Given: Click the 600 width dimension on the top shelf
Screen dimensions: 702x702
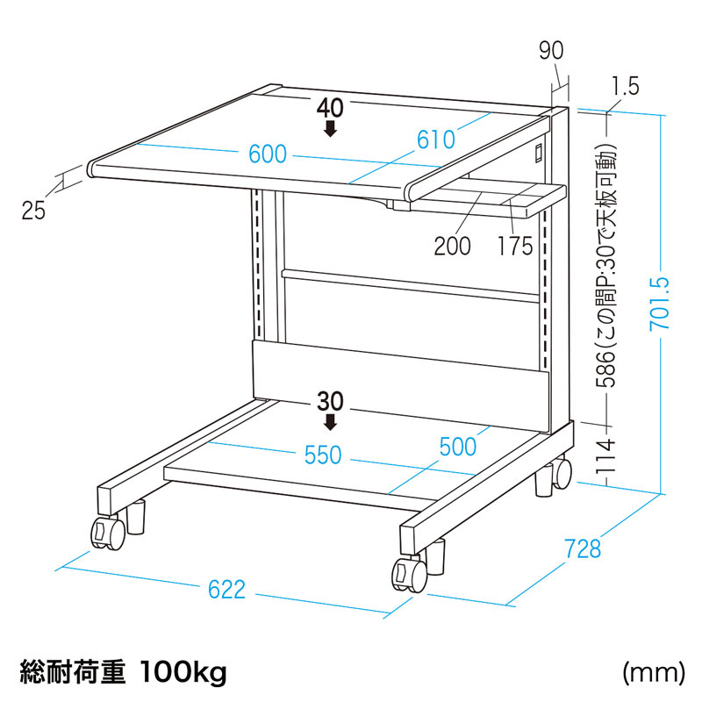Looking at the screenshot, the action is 268,154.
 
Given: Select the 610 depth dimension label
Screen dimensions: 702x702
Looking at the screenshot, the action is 436,140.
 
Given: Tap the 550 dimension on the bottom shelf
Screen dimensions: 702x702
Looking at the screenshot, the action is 323,455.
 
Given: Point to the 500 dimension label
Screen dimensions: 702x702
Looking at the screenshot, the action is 458,447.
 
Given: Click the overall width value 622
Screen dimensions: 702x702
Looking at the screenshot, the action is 227,590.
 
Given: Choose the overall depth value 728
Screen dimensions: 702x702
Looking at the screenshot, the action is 583,549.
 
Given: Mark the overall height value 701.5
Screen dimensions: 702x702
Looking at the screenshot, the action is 660,303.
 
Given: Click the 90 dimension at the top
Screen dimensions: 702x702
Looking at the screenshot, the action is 551,51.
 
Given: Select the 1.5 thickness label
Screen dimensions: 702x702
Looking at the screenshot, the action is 626,86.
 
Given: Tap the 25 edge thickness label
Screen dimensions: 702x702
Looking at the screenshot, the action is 33,211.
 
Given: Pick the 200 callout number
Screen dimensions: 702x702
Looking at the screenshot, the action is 452,246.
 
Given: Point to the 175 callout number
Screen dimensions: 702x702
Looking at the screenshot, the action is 515,246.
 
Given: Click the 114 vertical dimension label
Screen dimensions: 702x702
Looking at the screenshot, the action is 605,455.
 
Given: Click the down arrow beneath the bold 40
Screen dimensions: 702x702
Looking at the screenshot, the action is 331,128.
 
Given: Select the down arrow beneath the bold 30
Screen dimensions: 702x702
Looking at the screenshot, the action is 331,422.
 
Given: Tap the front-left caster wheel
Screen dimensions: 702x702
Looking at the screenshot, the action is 108,533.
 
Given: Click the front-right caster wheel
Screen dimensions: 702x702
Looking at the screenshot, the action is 409,575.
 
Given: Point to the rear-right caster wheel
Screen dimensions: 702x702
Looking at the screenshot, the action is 562,474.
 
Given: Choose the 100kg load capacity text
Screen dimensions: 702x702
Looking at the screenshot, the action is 183,672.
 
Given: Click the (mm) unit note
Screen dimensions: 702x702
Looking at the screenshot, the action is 654,672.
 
